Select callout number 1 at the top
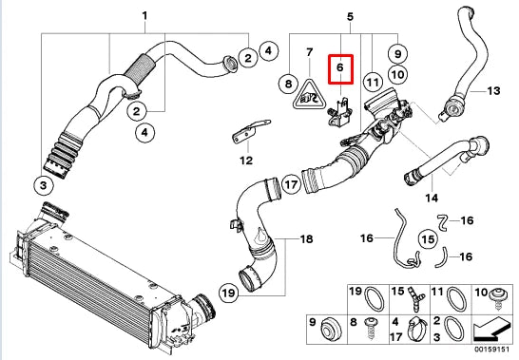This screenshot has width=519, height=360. [145, 17]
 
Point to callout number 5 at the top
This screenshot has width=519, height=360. [350, 17]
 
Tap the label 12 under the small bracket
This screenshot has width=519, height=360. [247, 160]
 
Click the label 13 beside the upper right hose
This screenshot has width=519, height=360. [492, 92]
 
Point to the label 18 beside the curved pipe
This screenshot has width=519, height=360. [306, 239]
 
